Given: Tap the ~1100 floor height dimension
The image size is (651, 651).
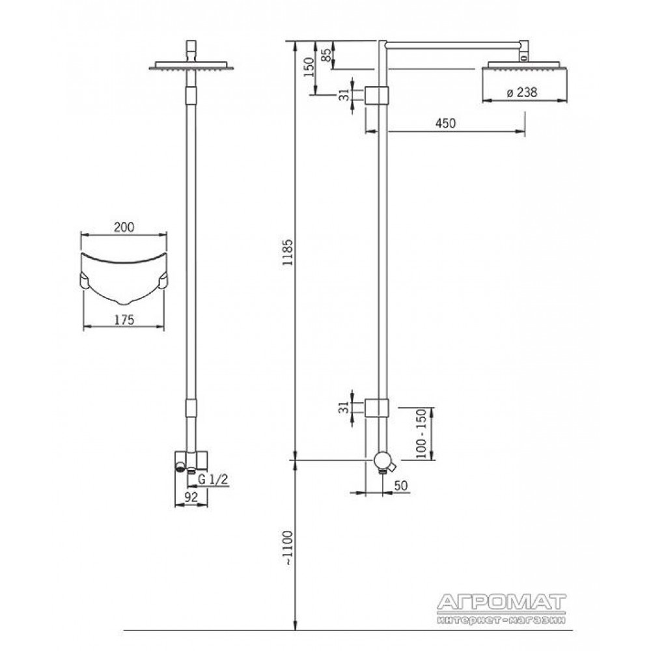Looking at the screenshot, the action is point(287,547).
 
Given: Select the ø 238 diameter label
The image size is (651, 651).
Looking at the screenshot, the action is point(522,92).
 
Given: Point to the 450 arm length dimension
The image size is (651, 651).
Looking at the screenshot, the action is point(445,123).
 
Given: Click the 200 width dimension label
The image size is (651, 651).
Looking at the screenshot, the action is point(124,227).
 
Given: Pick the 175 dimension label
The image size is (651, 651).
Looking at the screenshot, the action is point(124,320).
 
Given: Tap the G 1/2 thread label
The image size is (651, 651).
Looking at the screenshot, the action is point(213,479).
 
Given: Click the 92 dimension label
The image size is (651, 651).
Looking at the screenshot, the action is point(191,497).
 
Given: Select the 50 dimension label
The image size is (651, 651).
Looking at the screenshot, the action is point(400,486).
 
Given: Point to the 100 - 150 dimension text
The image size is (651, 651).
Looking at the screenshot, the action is point(421,434).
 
